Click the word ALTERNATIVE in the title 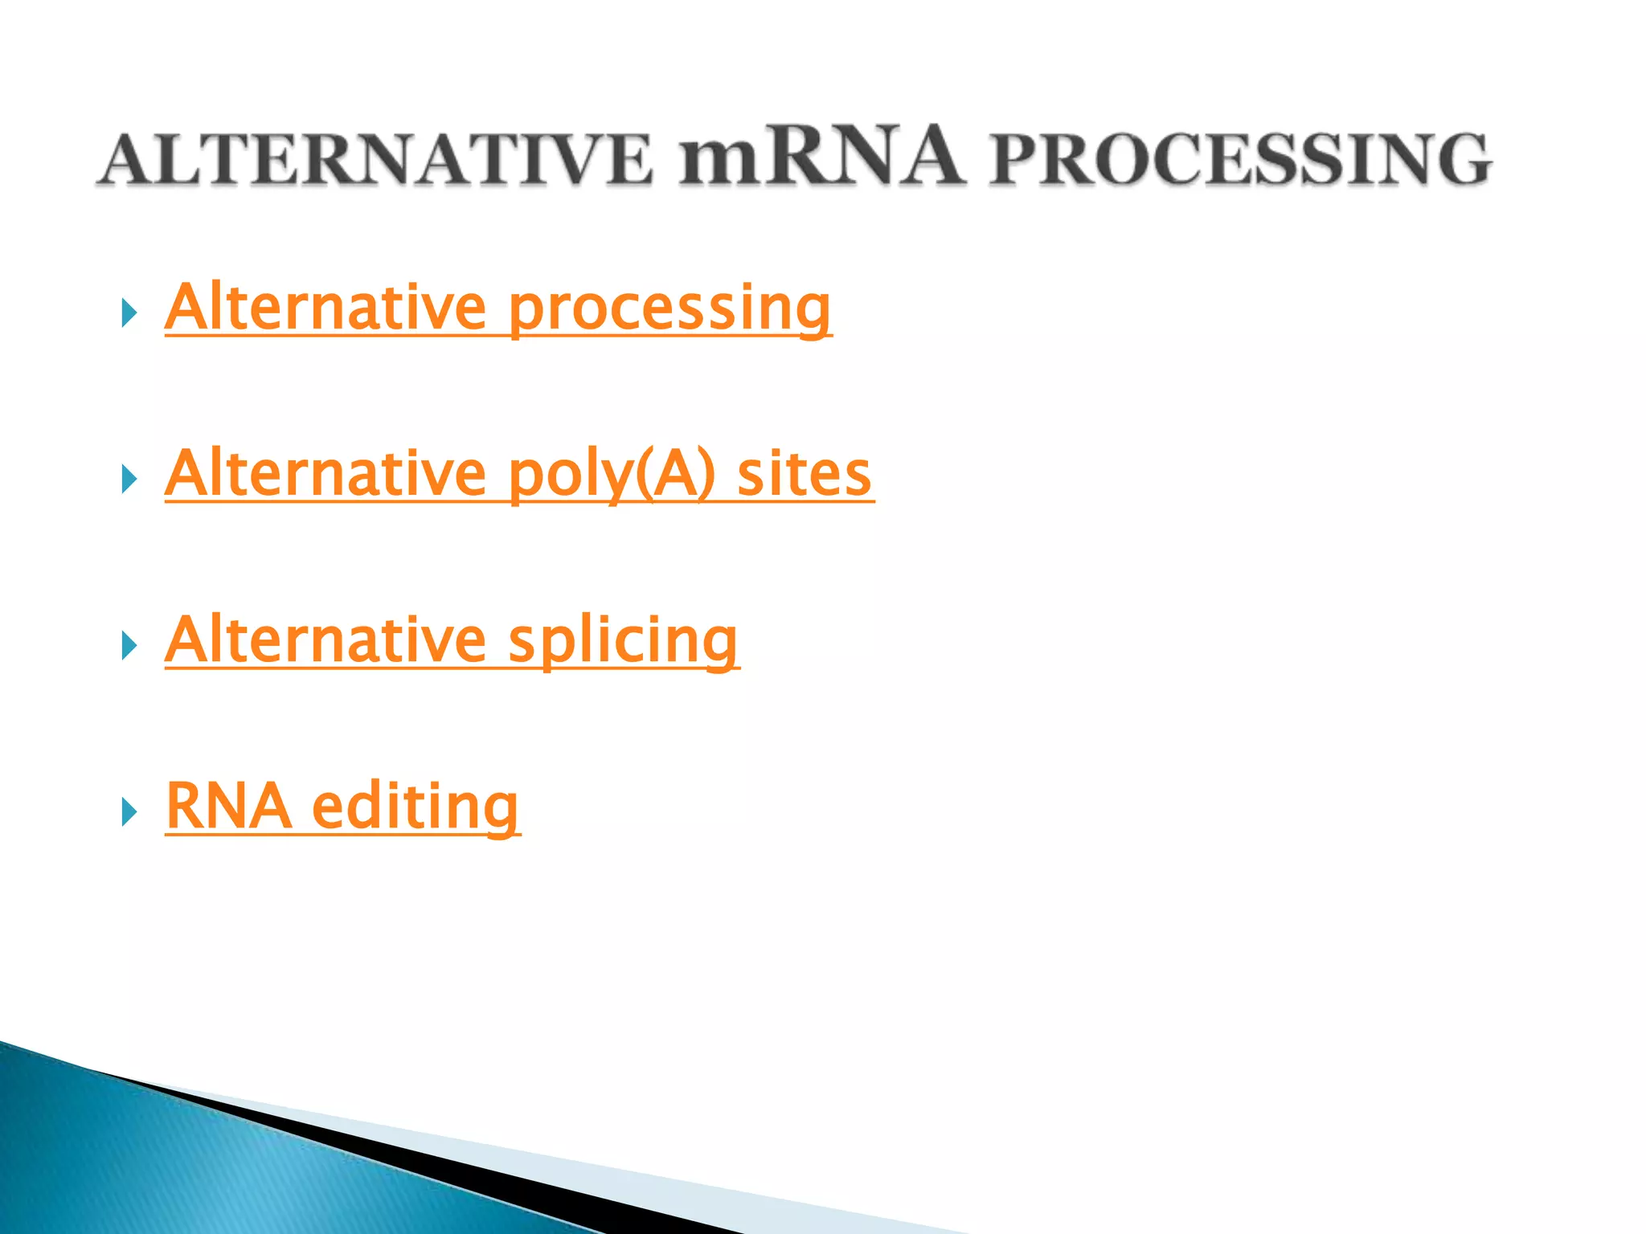click(375, 160)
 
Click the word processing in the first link click(669, 309)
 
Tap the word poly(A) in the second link click(612, 475)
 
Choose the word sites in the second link click(804, 475)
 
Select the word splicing click(623, 642)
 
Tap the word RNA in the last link click(228, 807)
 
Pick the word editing click(415, 808)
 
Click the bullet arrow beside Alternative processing click(129, 313)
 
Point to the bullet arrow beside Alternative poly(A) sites click(129, 480)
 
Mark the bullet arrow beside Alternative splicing click(129, 646)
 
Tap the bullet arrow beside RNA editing click(129, 813)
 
